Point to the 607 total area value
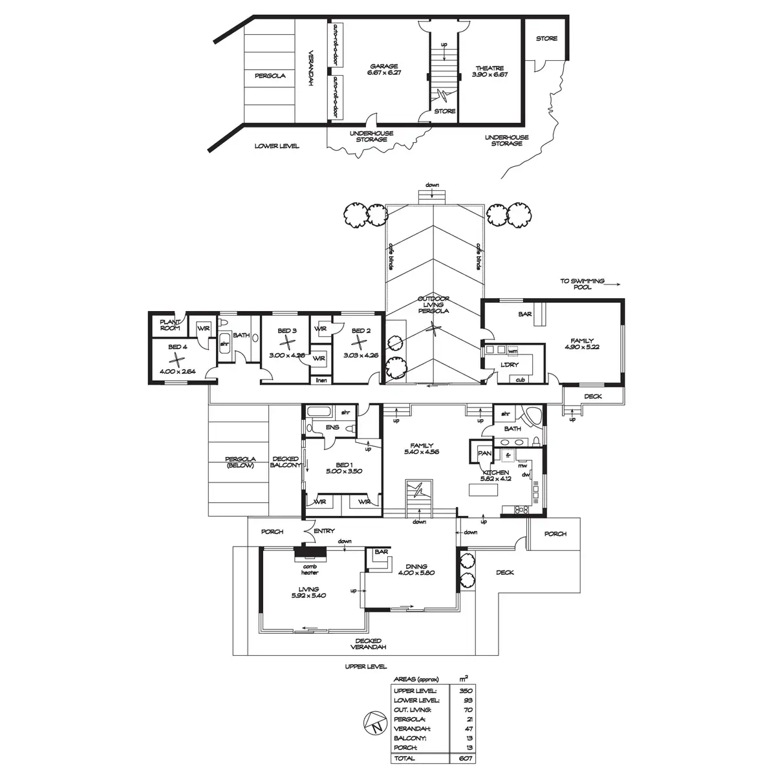coord(463,758)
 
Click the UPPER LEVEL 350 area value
coord(463,690)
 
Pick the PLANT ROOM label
coord(170,323)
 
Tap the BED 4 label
coord(177,347)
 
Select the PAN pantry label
coord(484,453)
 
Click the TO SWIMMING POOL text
coord(583,284)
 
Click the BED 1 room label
coord(343,464)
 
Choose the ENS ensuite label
coord(332,427)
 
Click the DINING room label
coord(413,566)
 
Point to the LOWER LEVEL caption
coord(277,146)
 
